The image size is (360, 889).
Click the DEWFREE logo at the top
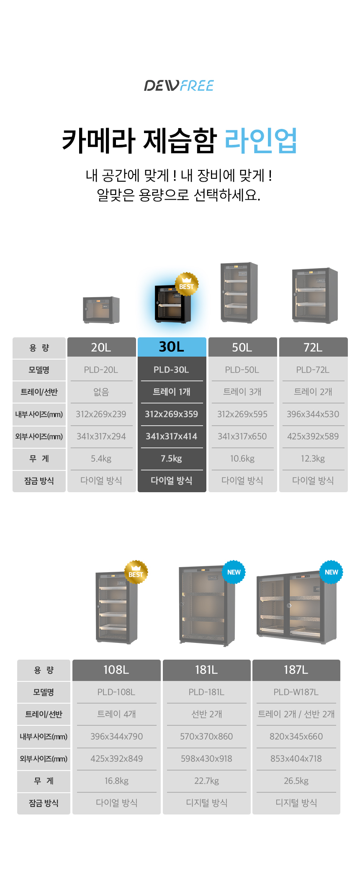pyautogui.click(x=179, y=86)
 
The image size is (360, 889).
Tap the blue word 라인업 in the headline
pyautogui.click(x=261, y=140)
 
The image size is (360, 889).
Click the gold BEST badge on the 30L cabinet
pyautogui.click(x=186, y=284)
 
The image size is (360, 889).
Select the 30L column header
pyautogui.click(x=172, y=347)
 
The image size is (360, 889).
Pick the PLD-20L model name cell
pyautogui.click(x=101, y=370)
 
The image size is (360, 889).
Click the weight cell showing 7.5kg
pyautogui.click(x=172, y=459)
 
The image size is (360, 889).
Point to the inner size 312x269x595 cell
pyautogui.click(x=242, y=414)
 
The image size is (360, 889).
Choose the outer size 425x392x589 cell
pyautogui.click(x=313, y=437)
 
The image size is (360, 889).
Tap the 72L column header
pyautogui.click(x=313, y=347)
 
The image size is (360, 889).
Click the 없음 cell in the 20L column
pyautogui.click(x=101, y=392)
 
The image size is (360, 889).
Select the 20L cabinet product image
pyautogui.click(x=101, y=310)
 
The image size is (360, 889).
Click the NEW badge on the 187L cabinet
pyautogui.click(x=331, y=572)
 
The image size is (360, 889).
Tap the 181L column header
pyautogui.click(x=206, y=670)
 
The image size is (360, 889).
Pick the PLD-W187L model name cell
pyautogui.click(x=296, y=692)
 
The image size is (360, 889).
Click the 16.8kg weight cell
pyautogui.click(x=116, y=781)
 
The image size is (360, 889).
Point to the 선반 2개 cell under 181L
pyautogui.click(x=206, y=714)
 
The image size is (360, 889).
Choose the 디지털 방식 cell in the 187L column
pyautogui.click(x=296, y=803)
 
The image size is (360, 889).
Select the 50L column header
pyautogui.click(x=242, y=347)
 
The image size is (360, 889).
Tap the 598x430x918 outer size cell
pyautogui.click(x=206, y=759)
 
